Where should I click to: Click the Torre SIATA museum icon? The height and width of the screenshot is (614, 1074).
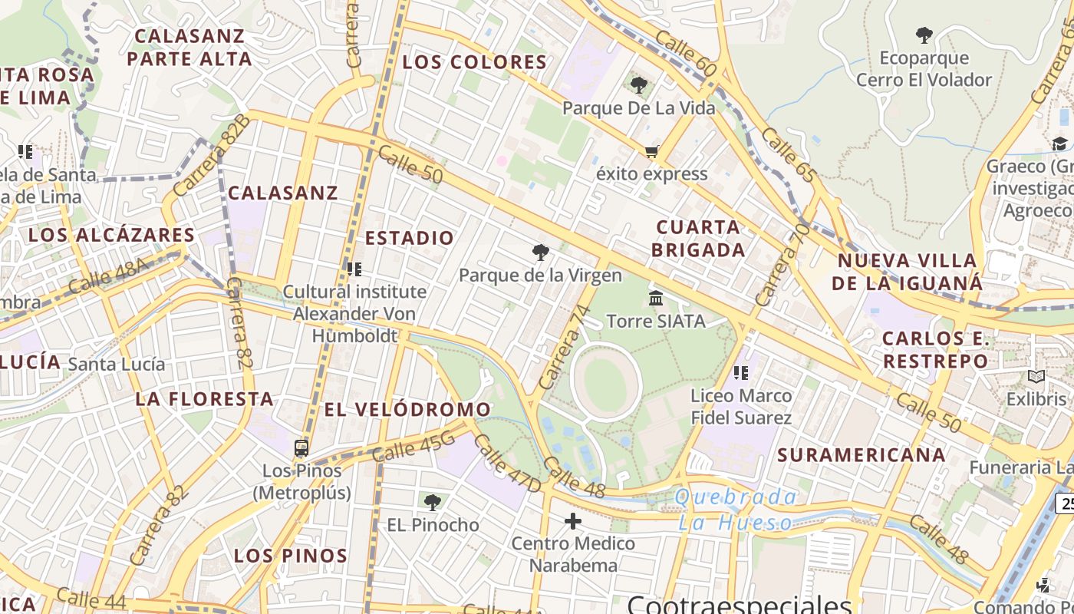[656, 298]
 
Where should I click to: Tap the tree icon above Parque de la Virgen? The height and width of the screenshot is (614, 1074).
[541, 252]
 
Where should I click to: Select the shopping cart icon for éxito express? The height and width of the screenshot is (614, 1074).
[651, 151]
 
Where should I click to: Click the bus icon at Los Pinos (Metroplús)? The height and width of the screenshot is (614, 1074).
[301, 448]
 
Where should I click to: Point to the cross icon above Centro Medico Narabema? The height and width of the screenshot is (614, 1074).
[572, 522]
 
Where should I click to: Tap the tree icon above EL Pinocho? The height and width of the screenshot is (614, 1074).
[433, 503]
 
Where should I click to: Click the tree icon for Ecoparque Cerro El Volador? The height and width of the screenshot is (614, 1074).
[924, 35]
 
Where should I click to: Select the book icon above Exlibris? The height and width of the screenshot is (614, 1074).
[1036, 377]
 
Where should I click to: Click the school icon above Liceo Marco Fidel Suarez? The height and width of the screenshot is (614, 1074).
[740, 373]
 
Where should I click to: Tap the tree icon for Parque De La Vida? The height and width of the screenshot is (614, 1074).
[638, 85]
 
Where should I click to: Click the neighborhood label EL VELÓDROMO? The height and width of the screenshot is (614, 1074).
[407, 410]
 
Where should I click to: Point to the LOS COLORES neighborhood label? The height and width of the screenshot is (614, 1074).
[475, 62]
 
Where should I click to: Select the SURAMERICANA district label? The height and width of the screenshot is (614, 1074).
[862, 455]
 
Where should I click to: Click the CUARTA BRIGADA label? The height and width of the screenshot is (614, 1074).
[698, 238]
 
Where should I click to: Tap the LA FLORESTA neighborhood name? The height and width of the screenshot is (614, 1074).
[205, 399]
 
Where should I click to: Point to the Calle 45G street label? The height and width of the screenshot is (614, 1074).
[413, 447]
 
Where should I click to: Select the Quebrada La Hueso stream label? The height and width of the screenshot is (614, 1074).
[736, 510]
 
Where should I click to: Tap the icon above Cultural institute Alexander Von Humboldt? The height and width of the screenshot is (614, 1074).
[354, 269]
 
